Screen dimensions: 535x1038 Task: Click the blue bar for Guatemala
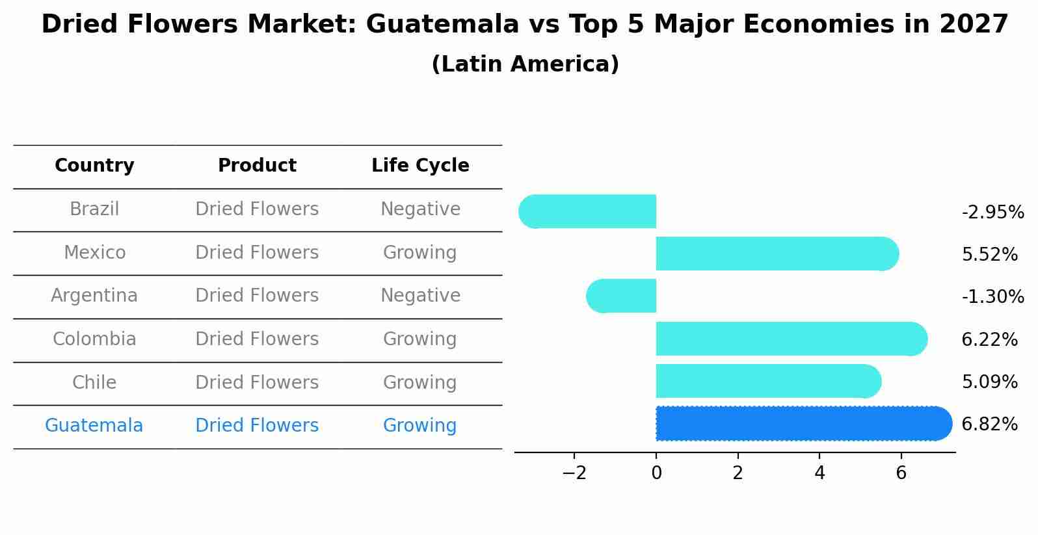coord(803,423)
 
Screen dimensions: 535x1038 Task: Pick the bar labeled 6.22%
coord(791,339)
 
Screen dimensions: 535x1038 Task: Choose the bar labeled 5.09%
coord(768,381)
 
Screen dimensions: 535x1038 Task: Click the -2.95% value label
coord(992,213)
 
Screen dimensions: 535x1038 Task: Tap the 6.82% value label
coord(989,424)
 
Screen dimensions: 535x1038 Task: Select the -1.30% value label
coord(992,297)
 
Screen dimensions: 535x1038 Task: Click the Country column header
coord(94,166)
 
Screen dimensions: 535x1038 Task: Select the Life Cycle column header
coord(420,166)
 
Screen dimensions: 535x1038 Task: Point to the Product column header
coord(257,166)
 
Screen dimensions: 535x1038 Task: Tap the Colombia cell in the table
coord(94,339)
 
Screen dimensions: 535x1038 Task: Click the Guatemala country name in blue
coord(94,426)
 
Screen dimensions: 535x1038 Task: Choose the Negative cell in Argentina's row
coord(420,296)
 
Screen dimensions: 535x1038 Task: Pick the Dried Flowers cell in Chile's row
coord(257,382)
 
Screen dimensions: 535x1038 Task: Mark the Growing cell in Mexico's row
coord(420,252)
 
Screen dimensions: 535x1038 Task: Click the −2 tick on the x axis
coord(574,473)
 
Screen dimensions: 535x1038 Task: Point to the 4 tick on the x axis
coord(819,473)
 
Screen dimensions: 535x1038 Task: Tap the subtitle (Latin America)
coord(525,64)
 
